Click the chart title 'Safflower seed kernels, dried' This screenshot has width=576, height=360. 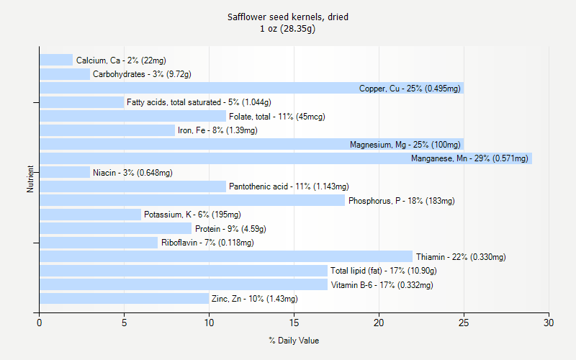(288, 17)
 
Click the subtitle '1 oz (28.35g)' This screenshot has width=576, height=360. (288, 29)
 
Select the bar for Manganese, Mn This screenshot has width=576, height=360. (285, 158)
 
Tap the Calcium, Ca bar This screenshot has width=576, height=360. (56, 60)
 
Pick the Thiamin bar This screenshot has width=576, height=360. (226, 256)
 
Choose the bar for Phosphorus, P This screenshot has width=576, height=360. (192, 200)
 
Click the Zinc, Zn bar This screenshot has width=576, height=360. (124, 298)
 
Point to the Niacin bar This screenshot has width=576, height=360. (65, 172)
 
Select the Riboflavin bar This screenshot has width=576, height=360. (99, 243)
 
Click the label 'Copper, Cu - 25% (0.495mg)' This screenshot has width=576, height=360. (410, 89)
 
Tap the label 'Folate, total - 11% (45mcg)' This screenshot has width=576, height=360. (274, 117)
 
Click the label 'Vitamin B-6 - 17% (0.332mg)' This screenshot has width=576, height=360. (382, 285)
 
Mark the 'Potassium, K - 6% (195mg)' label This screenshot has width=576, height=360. (192, 215)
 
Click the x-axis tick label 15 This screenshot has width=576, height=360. (294, 324)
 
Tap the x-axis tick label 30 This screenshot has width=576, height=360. (549, 324)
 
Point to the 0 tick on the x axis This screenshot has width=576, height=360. (39, 324)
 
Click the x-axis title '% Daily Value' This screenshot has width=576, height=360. (294, 341)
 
